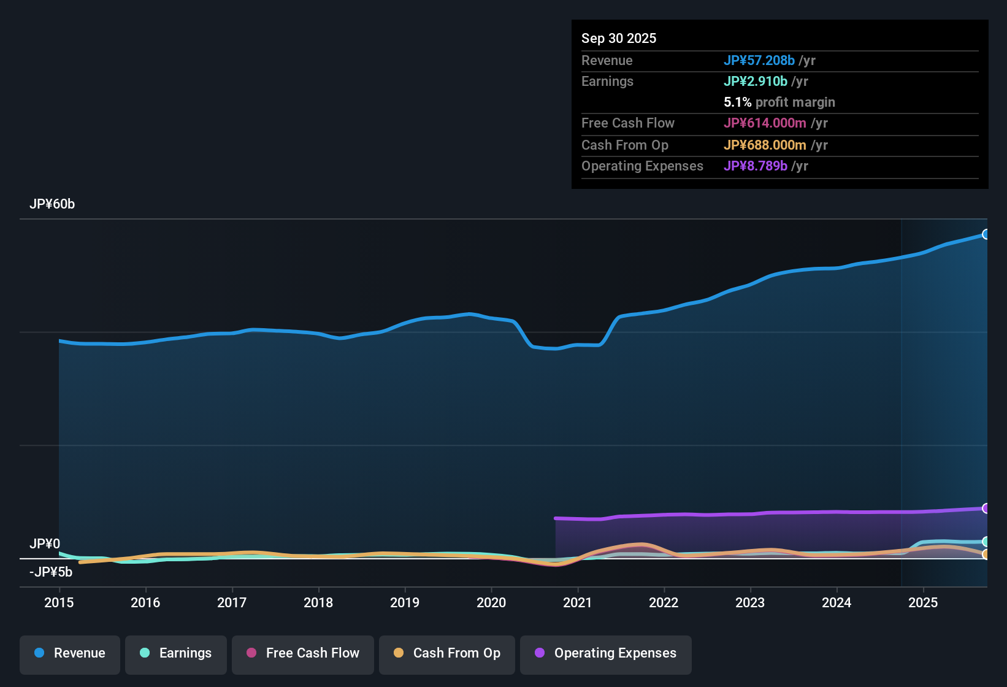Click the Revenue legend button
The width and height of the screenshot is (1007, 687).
click(x=70, y=653)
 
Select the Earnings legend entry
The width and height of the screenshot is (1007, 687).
click(x=175, y=653)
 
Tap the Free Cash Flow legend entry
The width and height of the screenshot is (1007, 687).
click(x=303, y=653)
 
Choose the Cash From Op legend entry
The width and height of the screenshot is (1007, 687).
click(x=447, y=653)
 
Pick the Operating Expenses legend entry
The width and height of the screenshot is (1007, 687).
click(x=605, y=653)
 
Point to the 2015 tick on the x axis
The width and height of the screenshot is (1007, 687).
click(x=59, y=602)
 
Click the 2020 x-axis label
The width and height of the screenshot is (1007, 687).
click(x=491, y=602)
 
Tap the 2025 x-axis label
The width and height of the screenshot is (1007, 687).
click(x=923, y=602)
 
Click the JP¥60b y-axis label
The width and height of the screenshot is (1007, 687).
click(x=52, y=204)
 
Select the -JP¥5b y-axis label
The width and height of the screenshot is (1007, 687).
click(x=51, y=572)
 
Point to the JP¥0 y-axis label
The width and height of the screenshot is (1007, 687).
click(x=45, y=543)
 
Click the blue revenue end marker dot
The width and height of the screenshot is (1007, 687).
click(x=986, y=234)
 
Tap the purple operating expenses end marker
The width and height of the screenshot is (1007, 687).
click(x=986, y=509)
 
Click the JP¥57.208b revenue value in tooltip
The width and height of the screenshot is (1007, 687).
click(x=759, y=60)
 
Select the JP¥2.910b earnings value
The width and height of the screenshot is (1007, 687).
click(x=755, y=81)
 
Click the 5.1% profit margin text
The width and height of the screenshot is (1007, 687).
click(x=779, y=102)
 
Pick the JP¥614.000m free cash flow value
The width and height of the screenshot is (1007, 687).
click(x=765, y=123)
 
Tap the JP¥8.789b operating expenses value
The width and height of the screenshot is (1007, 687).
click(x=755, y=166)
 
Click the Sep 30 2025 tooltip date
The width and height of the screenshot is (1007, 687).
click(x=618, y=38)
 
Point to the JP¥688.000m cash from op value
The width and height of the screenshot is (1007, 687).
click(x=765, y=145)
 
